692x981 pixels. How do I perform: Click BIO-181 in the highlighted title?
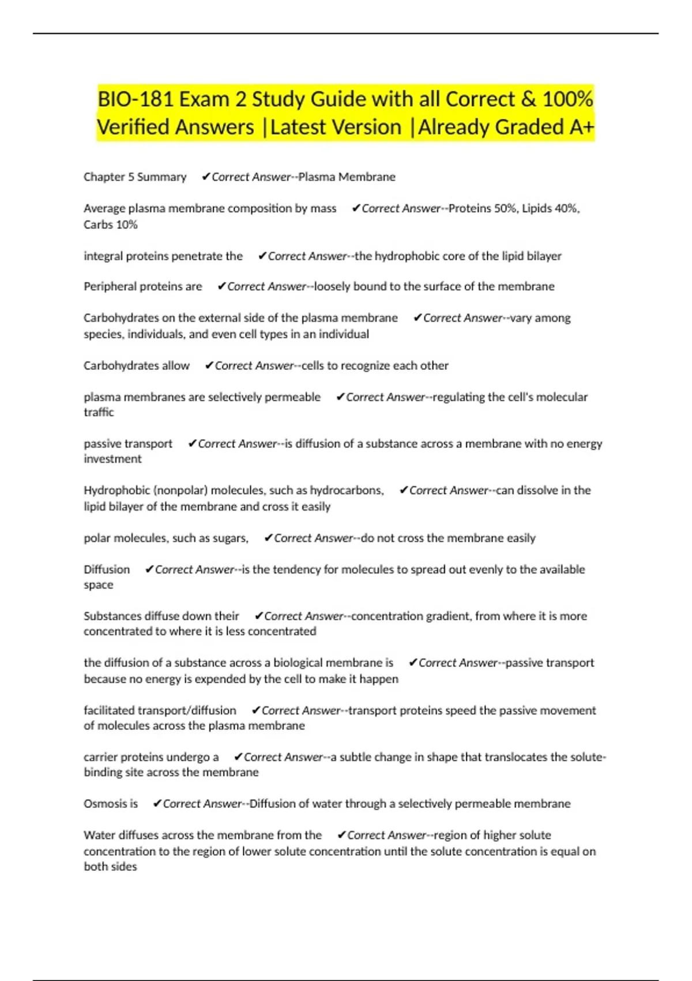tap(135, 99)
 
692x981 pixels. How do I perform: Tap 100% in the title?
tap(567, 99)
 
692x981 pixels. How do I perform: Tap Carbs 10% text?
tap(111, 224)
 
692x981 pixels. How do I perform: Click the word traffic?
tap(99, 413)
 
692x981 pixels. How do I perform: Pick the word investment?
tap(112, 459)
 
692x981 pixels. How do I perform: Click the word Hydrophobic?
tap(116, 490)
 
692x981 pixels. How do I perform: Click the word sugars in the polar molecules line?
tap(230, 538)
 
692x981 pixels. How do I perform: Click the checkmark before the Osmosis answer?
tap(157, 803)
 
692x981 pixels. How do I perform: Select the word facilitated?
tap(108, 710)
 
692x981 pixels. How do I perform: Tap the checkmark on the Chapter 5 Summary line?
tap(206, 177)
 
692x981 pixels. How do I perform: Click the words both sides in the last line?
tap(110, 867)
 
